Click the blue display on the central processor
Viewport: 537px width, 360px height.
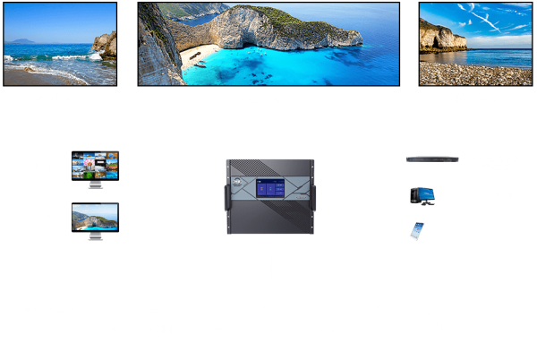coord(268,191)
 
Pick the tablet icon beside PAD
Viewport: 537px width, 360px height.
coord(416,230)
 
